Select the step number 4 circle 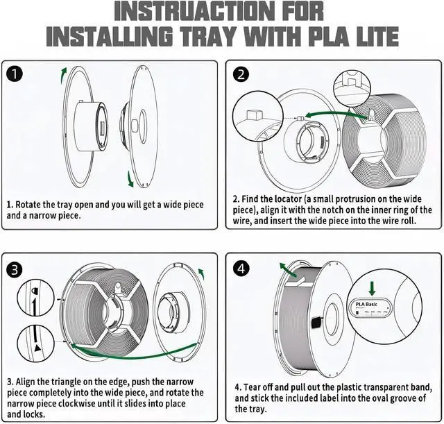click(241, 268)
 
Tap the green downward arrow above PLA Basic click(373, 287)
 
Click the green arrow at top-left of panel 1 click(63, 74)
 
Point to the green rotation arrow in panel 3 click(201, 273)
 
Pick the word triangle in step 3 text click(72, 382)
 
